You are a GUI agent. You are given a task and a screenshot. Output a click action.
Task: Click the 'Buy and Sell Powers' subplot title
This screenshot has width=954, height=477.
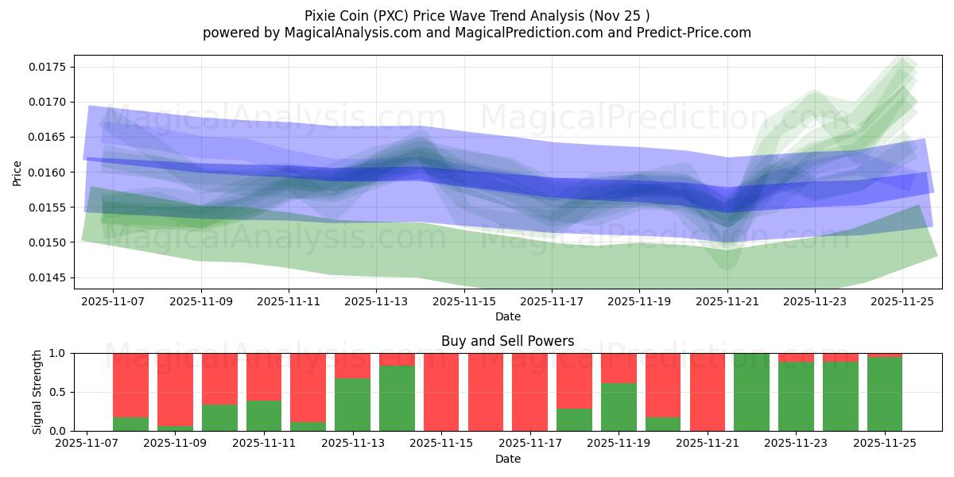[x=507, y=341]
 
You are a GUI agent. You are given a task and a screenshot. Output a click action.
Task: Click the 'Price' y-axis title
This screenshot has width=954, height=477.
[x=17, y=172]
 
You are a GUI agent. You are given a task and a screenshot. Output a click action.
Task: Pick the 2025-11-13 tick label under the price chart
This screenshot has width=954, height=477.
[x=376, y=302]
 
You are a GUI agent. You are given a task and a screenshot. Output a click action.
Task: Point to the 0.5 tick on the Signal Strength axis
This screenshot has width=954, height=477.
[x=60, y=392]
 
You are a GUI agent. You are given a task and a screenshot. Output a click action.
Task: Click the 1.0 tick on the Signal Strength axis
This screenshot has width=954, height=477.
[x=60, y=353]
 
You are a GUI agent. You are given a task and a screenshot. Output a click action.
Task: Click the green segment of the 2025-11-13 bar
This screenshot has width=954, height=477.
[x=352, y=405]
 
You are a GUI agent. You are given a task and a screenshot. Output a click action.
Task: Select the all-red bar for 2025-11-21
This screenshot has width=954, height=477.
[x=708, y=392]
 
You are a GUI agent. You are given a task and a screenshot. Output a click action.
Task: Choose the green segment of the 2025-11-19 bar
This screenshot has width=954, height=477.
[x=619, y=407]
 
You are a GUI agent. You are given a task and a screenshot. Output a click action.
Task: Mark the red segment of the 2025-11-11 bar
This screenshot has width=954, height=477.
[x=263, y=376]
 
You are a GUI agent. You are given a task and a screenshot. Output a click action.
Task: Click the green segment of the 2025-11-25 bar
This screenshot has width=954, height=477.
[x=885, y=394]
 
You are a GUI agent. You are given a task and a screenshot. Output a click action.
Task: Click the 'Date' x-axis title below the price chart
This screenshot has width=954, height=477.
[x=507, y=316]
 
